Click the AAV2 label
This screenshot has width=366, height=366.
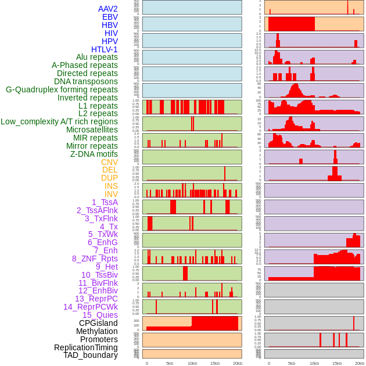108,9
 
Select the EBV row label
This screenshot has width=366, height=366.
110,17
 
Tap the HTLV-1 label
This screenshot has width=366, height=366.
105,49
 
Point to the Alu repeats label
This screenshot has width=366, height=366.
97,58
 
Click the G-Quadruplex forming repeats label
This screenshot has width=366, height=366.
62,89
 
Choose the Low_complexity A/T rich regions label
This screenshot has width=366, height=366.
59,121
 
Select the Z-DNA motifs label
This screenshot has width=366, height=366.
94,154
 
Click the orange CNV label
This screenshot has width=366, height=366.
109,162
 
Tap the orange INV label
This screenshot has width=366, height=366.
111,194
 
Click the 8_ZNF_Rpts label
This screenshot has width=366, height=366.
95,259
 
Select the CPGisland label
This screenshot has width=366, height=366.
98,323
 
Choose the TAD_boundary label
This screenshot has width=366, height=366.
91,355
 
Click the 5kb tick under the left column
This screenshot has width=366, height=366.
170,363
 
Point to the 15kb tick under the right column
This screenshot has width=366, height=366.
337,363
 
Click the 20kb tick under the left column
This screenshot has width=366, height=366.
238,363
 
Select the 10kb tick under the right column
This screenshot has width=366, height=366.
314,363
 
